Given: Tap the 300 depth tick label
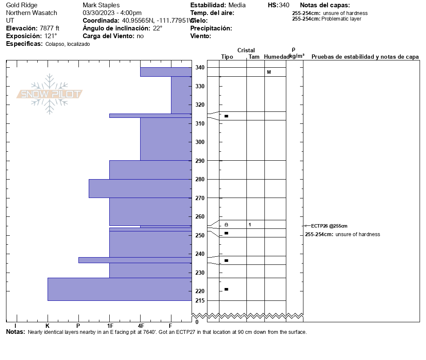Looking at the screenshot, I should click(x=200, y=142).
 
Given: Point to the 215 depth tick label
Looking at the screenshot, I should click(x=200, y=300).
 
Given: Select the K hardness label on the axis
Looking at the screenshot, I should click(x=48, y=325).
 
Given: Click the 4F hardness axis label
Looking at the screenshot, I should click(x=140, y=325).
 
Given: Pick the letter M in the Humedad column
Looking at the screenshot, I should click(x=269, y=72).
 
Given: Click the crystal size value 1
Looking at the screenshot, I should click(x=250, y=225).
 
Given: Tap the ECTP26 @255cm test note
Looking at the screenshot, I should click(x=329, y=226).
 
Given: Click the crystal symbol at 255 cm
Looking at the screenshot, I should click(x=226, y=225).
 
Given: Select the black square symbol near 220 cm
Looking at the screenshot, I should click(x=226, y=289).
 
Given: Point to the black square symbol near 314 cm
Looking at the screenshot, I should click(x=226, y=116).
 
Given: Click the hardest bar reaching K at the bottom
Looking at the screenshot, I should click(x=120, y=289).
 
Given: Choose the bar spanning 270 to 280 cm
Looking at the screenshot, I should click(x=140, y=189).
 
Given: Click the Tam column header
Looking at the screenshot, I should click(x=254, y=57).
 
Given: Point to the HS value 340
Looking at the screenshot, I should click(x=284, y=5).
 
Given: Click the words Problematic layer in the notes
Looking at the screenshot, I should click(x=341, y=19).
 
